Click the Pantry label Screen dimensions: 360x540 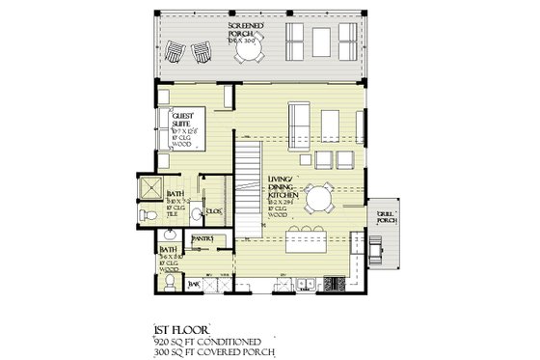click(x=202, y=236)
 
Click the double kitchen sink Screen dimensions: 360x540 click(x=306, y=282)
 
